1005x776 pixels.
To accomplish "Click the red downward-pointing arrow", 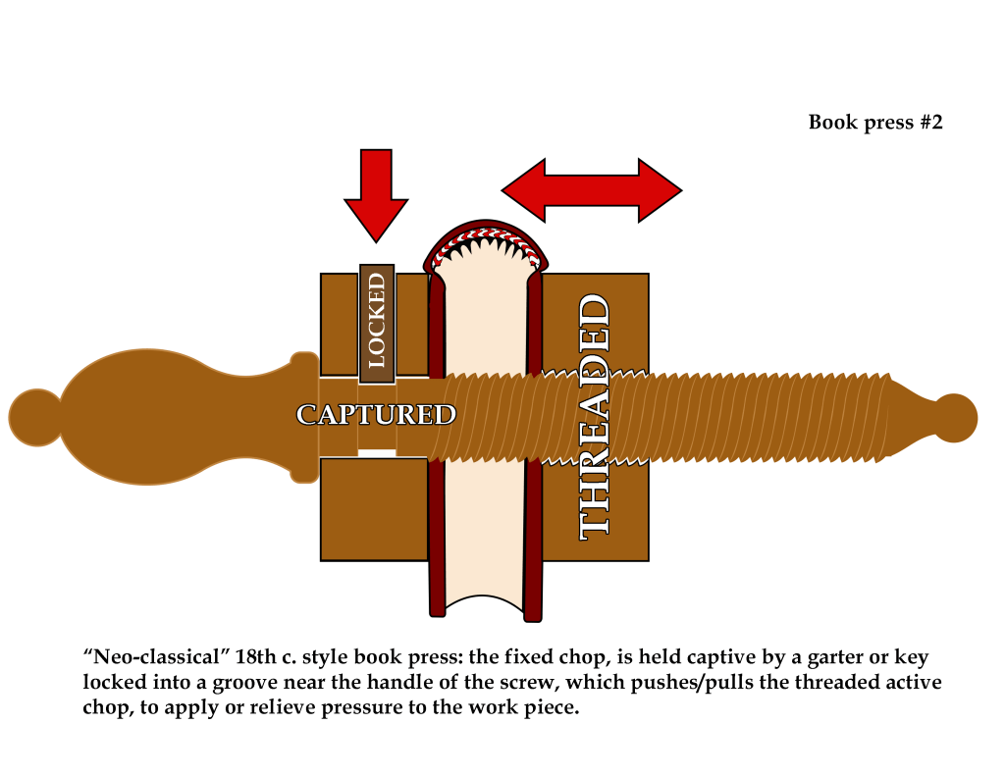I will pos(376,191).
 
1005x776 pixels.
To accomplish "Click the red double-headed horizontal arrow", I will pos(591,188).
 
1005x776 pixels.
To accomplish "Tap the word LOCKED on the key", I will pos(377,320).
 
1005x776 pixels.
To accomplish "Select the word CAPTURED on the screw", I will pos(376,415).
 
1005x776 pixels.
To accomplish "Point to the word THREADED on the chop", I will pos(596,418).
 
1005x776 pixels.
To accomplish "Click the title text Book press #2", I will pos(874,123).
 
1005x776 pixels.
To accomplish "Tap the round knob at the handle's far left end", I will pos(35,416).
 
